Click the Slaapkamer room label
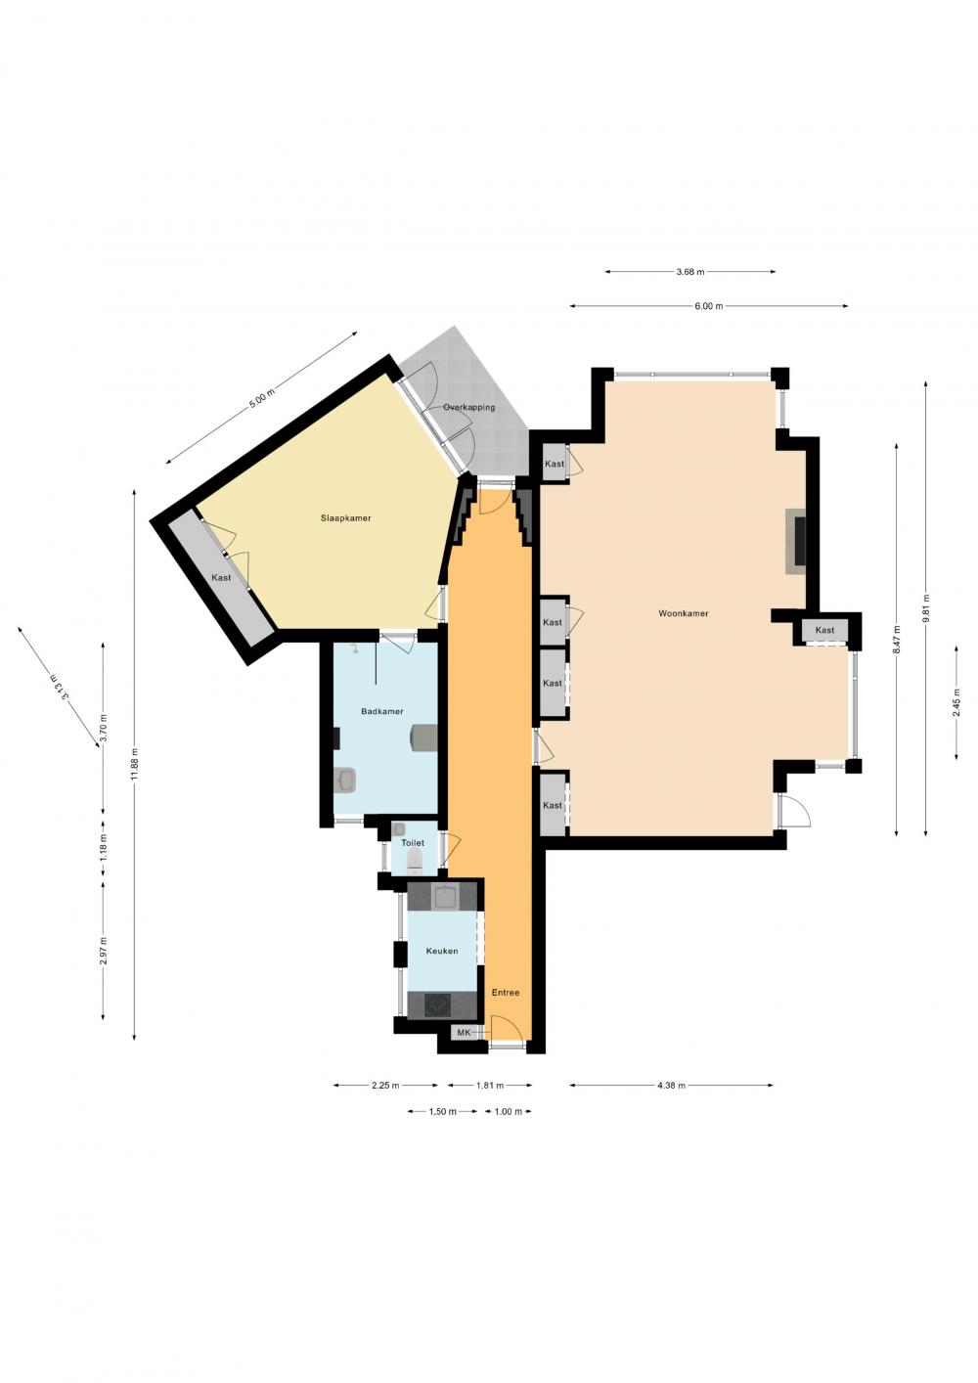346,518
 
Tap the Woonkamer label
684,613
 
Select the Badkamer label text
382,711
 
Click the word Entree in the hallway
505,993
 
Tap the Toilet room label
413,843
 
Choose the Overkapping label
469,408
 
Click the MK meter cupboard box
464,1032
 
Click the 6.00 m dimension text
709,305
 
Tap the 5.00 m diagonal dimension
261,397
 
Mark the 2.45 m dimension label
956,702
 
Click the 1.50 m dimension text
442,1112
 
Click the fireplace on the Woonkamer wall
796,542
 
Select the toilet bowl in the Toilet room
415,860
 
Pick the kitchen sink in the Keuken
445,896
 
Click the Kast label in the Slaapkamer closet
221,578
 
